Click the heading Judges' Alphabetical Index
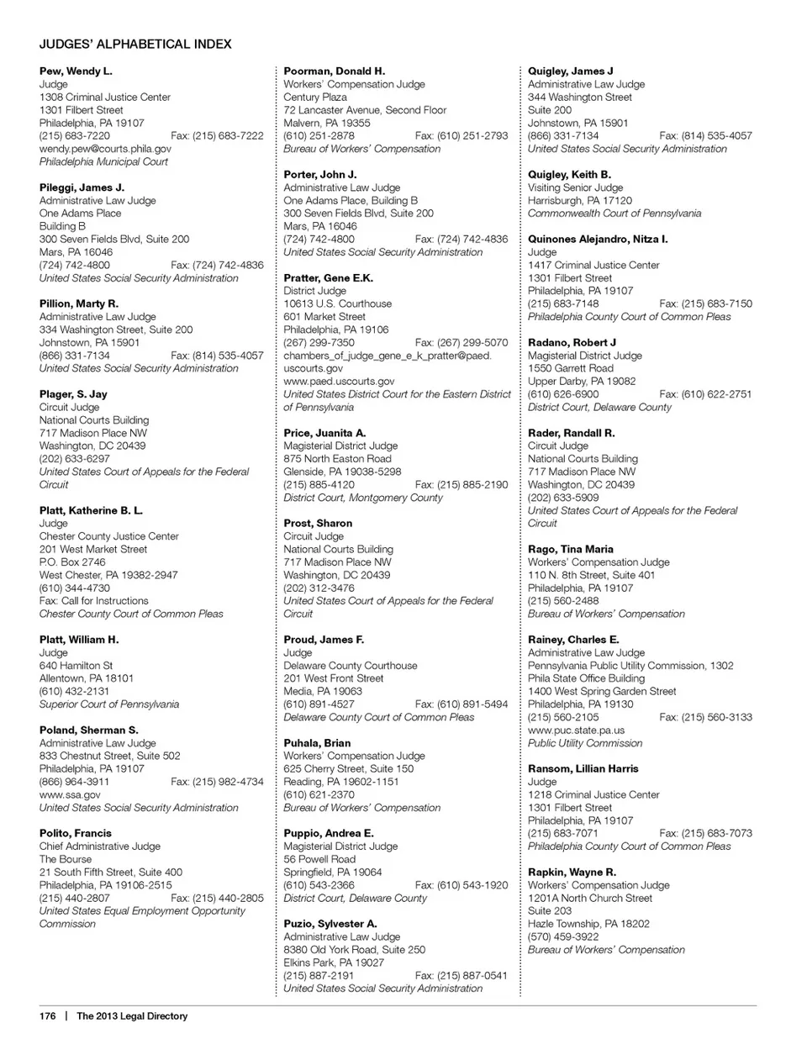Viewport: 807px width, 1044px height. point(135,44)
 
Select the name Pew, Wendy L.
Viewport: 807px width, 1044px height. point(76,71)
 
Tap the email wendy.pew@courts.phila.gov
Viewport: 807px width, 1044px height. point(105,149)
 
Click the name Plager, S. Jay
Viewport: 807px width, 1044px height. point(73,394)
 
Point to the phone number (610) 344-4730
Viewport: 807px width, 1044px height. point(75,588)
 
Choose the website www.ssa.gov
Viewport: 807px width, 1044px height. point(70,795)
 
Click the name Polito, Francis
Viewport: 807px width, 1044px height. point(76,834)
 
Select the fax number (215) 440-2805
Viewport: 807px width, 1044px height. point(217,899)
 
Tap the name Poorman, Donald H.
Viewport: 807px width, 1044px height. point(334,71)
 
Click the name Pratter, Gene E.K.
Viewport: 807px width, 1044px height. point(328,278)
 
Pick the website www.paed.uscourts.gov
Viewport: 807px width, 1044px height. point(339,382)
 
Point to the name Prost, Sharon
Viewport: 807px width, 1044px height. point(318,524)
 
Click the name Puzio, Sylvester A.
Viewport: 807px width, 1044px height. point(330,924)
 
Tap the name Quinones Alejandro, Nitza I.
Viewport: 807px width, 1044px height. point(598,240)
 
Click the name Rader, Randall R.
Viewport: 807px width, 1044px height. point(571,433)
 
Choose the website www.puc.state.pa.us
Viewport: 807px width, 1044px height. point(576,730)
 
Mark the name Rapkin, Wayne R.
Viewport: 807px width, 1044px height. point(572,873)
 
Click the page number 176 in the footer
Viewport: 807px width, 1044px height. point(47,1016)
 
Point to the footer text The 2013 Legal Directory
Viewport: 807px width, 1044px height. point(132,1016)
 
